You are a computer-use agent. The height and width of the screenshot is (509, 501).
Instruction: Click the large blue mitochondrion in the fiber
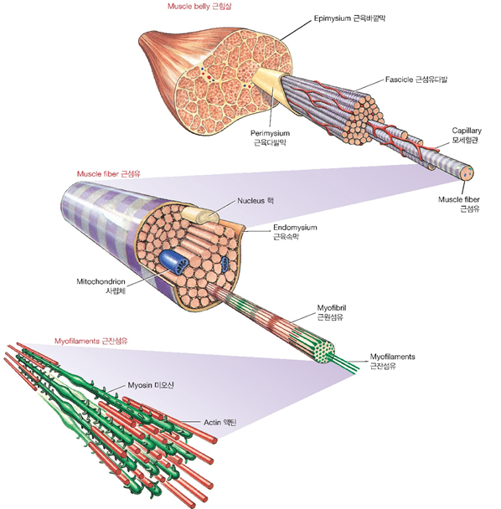pyautogui.click(x=173, y=262)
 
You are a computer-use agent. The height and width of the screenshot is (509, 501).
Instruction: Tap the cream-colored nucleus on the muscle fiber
pyautogui.click(x=200, y=215)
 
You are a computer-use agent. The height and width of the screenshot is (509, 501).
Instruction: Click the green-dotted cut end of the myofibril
pyautogui.click(x=324, y=352)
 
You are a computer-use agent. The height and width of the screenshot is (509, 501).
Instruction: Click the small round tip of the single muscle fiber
pyautogui.click(x=467, y=173)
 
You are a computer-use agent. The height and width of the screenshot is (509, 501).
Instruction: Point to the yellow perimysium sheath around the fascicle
pyautogui.click(x=269, y=85)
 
